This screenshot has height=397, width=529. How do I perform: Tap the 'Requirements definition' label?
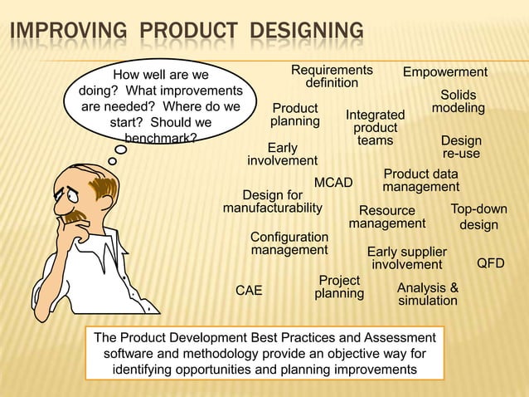click(x=332, y=76)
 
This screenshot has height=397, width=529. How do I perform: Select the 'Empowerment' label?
click(x=445, y=72)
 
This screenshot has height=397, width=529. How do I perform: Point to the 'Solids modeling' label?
click(x=459, y=102)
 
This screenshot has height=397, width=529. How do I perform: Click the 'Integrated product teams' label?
click(x=376, y=128)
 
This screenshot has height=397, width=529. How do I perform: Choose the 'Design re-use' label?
click(x=461, y=148)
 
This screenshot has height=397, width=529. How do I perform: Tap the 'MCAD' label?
click(x=333, y=183)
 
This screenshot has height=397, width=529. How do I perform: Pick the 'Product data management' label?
click(x=421, y=181)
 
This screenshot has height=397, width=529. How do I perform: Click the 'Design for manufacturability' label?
click(x=272, y=201)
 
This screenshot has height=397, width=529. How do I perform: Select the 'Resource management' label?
click(x=387, y=218)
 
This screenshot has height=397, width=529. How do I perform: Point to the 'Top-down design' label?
click(x=479, y=217)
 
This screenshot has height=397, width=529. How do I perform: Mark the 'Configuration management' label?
click(x=289, y=243)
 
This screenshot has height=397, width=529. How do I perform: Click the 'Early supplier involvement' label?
click(x=407, y=258)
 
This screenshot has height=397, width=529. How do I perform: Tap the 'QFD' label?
click(x=491, y=264)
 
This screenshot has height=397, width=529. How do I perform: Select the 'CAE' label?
click(x=249, y=291)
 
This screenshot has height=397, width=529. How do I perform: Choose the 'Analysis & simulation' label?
click(x=428, y=294)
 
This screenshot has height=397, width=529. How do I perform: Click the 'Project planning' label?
click(x=339, y=287)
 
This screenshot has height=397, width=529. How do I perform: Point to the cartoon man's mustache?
click(x=77, y=218)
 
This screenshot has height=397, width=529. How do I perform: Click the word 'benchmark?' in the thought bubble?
click(x=160, y=138)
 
